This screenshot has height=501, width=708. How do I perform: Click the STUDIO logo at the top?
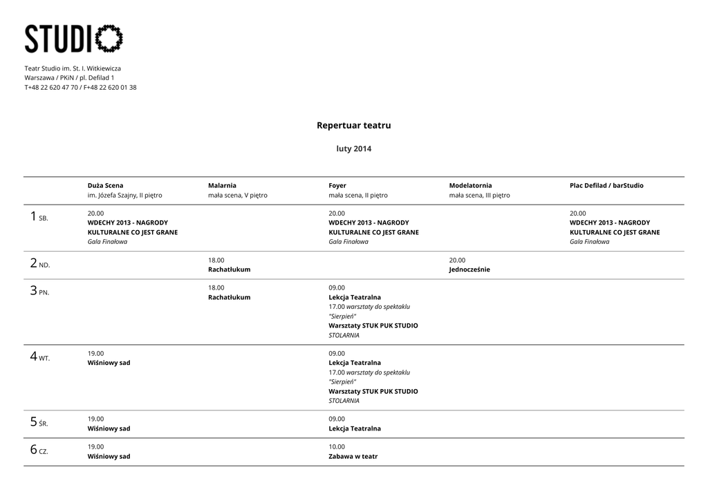(x=73, y=39)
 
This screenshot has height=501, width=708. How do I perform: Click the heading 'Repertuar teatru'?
(x=353, y=125)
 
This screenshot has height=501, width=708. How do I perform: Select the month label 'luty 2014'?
(x=353, y=149)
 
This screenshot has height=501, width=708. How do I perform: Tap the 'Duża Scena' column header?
(x=105, y=185)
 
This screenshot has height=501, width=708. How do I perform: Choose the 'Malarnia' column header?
(x=222, y=185)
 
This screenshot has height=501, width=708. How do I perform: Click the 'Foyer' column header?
(x=337, y=185)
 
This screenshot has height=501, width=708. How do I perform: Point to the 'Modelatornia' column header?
(x=470, y=185)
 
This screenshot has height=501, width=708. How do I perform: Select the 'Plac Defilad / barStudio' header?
(x=606, y=185)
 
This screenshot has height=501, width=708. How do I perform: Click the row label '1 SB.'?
(x=39, y=217)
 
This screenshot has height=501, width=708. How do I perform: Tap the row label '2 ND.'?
(x=39, y=263)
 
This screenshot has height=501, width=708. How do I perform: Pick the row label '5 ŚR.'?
(x=39, y=422)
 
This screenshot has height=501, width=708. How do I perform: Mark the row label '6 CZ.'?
(x=39, y=450)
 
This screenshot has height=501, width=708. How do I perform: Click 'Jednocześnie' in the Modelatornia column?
(x=469, y=270)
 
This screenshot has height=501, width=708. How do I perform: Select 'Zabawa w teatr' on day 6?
(x=353, y=456)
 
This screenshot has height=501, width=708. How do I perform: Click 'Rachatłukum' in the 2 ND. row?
(x=229, y=270)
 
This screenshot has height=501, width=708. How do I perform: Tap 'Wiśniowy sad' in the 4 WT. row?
(x=109, y=363)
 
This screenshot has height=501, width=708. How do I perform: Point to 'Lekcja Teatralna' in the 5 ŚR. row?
(x=354, y=428)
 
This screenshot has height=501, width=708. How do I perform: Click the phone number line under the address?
(x=80, y=87)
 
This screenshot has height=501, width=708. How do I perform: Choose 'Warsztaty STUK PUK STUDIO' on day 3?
(x=373, y=325)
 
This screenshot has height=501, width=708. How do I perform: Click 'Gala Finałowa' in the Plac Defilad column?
(x=589, y=242)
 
